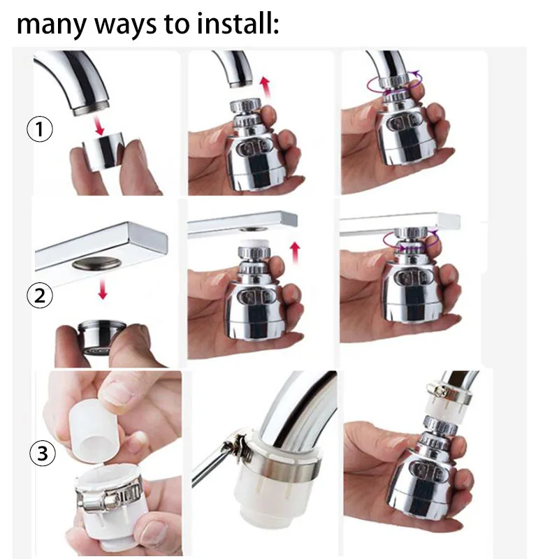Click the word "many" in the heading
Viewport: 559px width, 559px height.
click(51, 27)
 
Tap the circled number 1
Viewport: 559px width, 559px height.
click(40, 129)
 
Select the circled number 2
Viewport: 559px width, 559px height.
click(40, 296)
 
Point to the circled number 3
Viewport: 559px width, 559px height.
click(43, 453)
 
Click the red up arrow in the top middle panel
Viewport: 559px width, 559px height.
click(265, 86)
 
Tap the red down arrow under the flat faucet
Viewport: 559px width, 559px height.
click(103, 289)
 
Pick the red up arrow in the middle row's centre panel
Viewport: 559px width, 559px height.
click(295, 253)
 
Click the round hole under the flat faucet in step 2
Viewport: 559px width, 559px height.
click(96, 264)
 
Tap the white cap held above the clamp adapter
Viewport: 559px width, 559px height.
click(93, 431)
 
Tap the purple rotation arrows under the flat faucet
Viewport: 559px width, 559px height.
click(411, 240)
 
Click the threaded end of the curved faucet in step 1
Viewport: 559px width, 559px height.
click(92, 107)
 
